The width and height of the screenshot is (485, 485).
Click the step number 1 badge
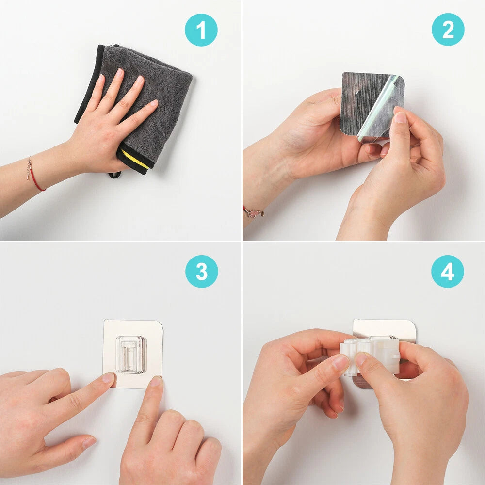(201, 30)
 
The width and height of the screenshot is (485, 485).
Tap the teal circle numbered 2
(448, 30)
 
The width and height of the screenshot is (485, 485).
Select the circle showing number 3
(201, 272)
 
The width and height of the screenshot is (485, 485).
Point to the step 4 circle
(447, 272)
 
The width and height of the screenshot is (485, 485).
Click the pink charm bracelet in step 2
(253, 212)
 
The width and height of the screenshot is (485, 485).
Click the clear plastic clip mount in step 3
(131, 354)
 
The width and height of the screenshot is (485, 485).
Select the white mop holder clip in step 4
(370, 356)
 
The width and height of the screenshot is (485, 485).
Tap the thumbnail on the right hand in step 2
(401, 117)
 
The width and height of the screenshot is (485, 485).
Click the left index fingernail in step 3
(109, 378)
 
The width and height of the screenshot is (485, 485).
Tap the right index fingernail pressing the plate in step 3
(156, 381)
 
